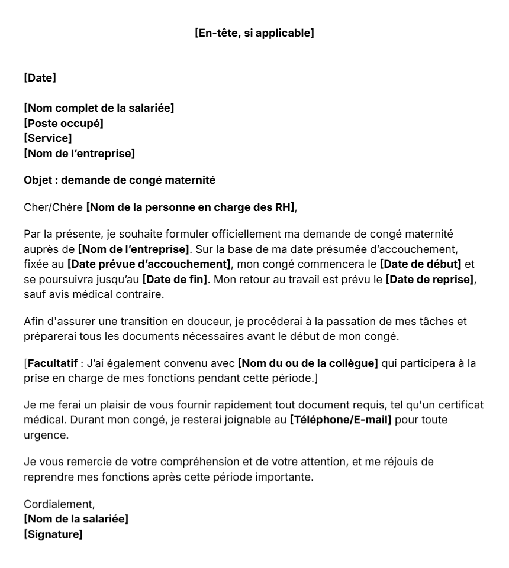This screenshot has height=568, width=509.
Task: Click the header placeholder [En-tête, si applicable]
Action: (x=254, y=33)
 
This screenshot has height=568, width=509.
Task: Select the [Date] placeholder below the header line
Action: (x=40, y=77)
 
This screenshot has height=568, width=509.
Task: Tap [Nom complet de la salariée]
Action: (x=99, y=108)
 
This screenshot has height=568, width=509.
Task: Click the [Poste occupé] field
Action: (x=63, y=124)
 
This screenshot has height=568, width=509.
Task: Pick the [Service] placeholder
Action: (x=48, y=139)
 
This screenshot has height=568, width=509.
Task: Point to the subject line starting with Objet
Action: (x=120, y=180)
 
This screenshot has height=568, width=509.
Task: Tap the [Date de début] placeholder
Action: (x=420, y=263)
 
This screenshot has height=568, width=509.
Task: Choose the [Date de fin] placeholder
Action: (x=175, y=278)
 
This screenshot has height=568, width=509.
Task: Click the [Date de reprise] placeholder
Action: (x=430, y=278)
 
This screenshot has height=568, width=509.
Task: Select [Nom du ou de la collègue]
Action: (x=308, y=363)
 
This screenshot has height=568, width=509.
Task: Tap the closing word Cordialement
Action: (x=59, y=505)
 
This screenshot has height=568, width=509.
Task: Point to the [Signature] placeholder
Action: (x=53, y=535)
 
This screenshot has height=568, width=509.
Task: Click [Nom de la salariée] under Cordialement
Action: (x=76, y=520)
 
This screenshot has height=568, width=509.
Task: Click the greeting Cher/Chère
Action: (x=53, y=207)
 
